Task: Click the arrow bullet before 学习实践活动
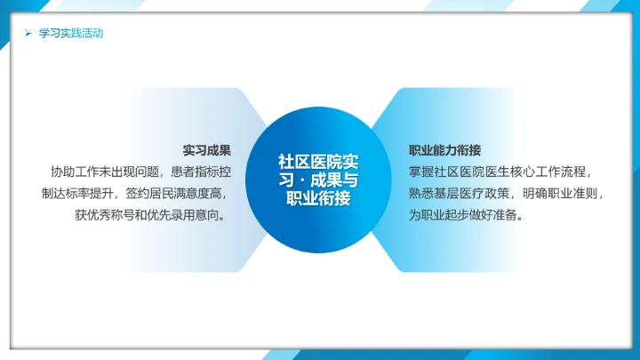click(x=28, y=34)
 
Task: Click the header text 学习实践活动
click(x=71, y=34)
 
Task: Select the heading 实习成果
click(x=207, y=150)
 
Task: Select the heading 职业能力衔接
click(x=445, y=150)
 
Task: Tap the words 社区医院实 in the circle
click(x=319, y=161)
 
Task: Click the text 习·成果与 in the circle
click(x=319, y=180)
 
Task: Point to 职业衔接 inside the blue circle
click(x=319, y=198)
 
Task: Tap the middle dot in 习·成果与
click(x=299, y=180)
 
